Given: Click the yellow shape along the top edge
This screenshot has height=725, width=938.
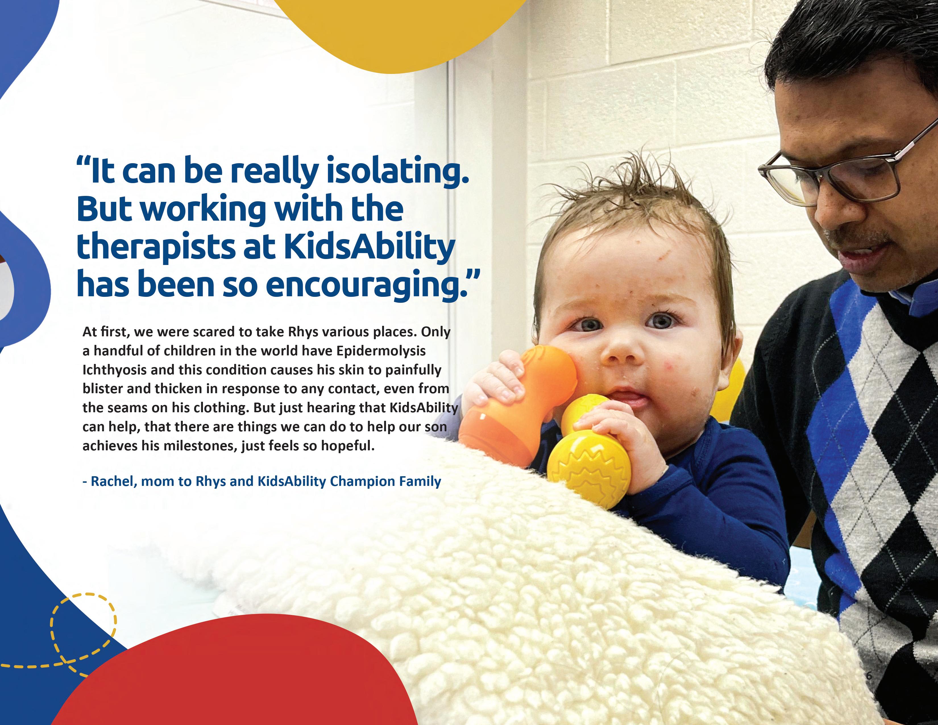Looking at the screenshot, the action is (399, 30).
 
